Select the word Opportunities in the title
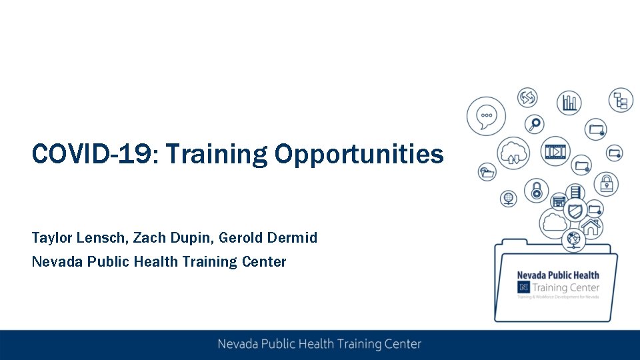(x=359, y=154)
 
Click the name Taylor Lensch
(x=79, y=237)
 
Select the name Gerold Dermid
(x=268, y=237)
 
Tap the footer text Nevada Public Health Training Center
(x=319, y=344)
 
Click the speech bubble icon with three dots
(x=487, y=116)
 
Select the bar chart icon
(x=569, y=103)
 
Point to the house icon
(x=591, y=227)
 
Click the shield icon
(x=575, y=211)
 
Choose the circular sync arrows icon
(x=527, y=98)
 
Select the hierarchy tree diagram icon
(x=621, y=101)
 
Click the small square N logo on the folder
(x=523, y=287)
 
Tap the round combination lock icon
(x=536, y=191)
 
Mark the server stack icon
(x=575, y=191)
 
